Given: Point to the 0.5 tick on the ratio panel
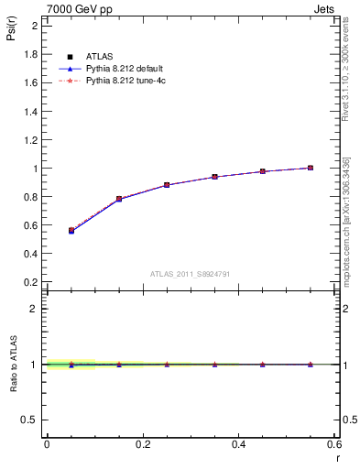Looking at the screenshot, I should click(31, 420).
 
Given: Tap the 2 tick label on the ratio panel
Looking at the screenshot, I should click(33, 309).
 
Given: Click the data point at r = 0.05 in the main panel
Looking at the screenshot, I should click(71, 231).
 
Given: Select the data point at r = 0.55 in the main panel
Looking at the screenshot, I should click(311, 168).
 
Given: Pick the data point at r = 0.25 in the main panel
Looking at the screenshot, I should click(167, 185).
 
